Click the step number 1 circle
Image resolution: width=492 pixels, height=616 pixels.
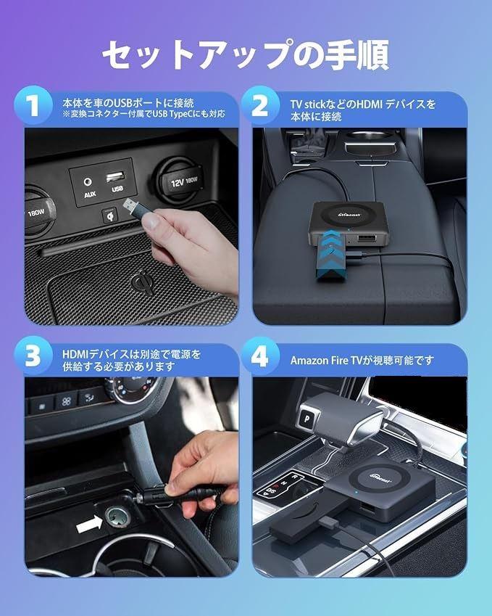[33, 105]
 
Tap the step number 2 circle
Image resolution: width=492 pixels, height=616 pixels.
[260, 105]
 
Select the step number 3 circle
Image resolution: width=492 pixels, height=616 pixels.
[33, 357]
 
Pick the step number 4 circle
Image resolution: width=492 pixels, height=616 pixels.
[260, 357]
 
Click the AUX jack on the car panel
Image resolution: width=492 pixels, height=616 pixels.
[88, 181]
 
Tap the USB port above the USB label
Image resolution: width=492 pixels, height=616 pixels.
[116, 176]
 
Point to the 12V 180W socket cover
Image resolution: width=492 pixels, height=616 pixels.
[181, 181]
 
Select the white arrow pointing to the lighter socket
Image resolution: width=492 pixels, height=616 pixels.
[90, 525]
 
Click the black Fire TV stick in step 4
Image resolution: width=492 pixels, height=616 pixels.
[303, 518]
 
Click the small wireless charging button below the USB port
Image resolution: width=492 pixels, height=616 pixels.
[110, 215]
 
